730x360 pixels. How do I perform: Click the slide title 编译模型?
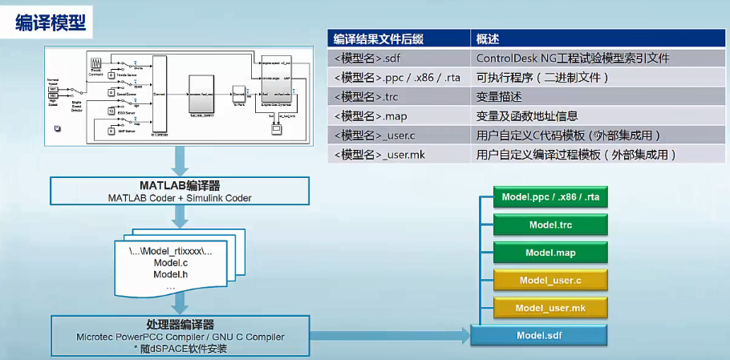tap(49, 22)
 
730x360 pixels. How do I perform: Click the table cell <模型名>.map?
tap(370, 115)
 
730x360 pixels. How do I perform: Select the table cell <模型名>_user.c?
tap(375, 135)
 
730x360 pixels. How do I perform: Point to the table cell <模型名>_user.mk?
tap(379, 154)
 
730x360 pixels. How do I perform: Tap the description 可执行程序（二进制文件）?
tap(542, 77)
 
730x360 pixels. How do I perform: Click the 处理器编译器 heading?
tap(180, 324)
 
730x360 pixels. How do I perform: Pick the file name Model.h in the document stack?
tap(169, 275)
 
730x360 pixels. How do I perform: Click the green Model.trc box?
tap(550, 225)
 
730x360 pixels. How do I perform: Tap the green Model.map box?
tap(550, 253)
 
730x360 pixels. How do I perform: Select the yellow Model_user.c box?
tap(550, 280)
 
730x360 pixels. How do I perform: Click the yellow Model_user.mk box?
tap(550, 307)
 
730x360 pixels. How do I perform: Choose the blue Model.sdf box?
tap(539, 334)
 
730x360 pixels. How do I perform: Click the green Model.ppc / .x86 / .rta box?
tap(550, 197)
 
